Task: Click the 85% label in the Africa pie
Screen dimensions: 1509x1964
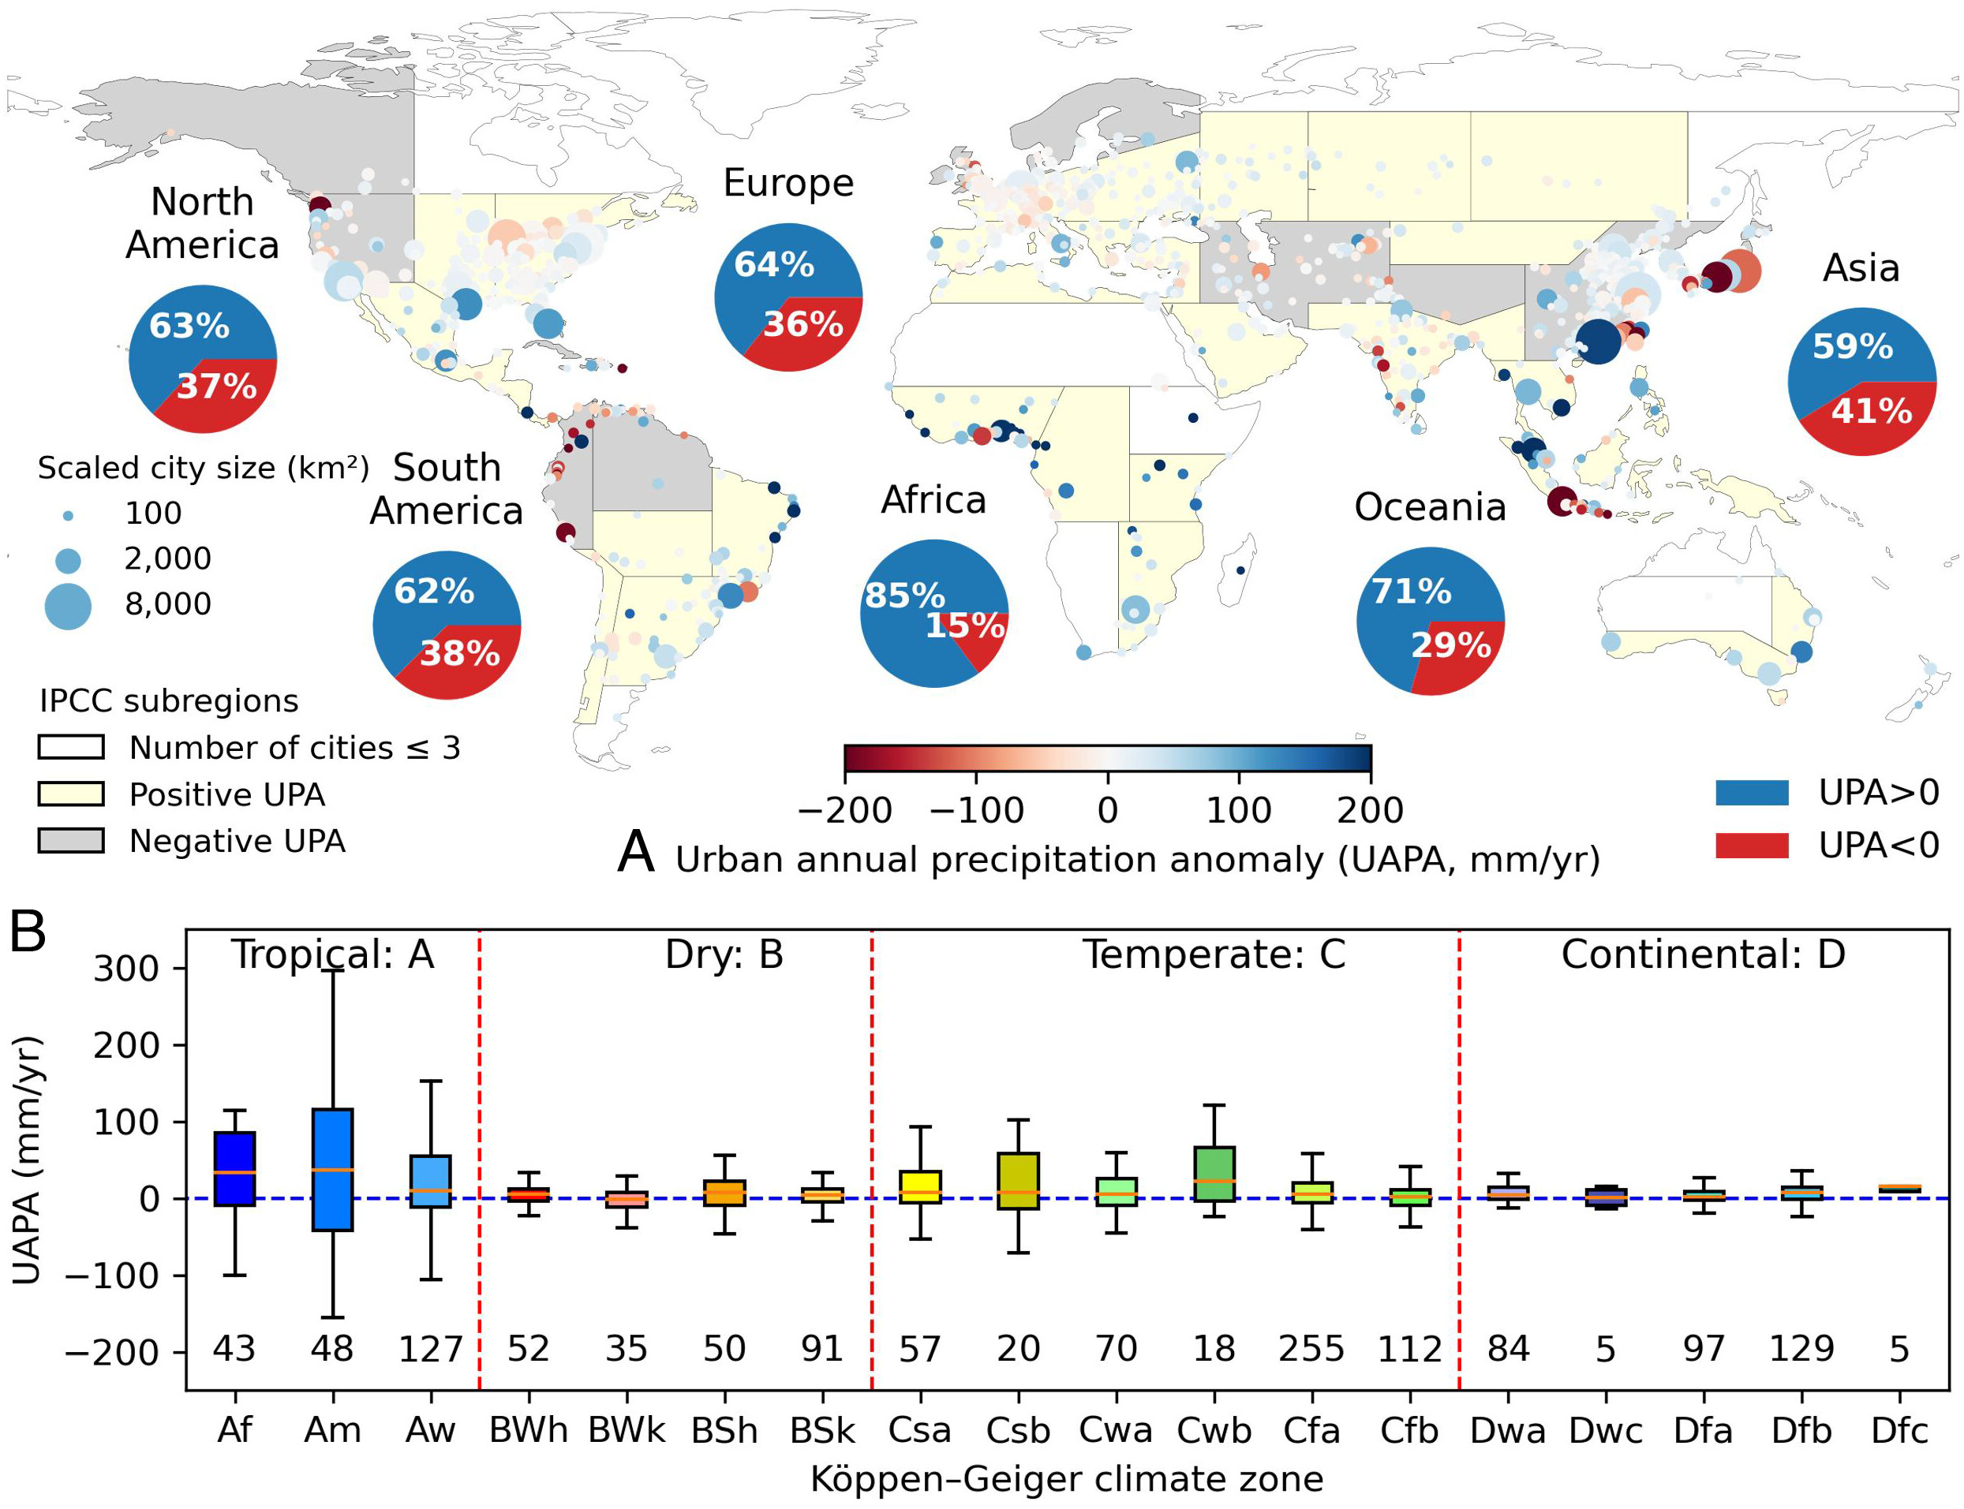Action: pos(903,596)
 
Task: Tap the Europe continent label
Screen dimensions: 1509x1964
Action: pos(788,183)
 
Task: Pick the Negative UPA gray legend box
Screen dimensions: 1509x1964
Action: pos(71,841)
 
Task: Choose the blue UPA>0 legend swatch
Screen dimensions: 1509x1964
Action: pos(1751,792)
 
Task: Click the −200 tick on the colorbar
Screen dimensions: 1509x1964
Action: pos(844,810)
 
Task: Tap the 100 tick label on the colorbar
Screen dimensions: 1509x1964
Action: pos(1238,810)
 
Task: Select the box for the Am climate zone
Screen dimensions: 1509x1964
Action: pos(332,1170)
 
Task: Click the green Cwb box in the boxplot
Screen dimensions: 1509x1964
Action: pos(1214,1173)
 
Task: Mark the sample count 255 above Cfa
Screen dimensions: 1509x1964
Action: pos(1311,1348)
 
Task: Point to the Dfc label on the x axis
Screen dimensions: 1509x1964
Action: pos(1899,1430)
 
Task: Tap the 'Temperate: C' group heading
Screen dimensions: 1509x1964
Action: pos(1214,954)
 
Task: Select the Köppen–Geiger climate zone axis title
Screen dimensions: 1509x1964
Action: pos(1067,1478)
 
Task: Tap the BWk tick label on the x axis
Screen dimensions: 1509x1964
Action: pos(627,1430)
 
